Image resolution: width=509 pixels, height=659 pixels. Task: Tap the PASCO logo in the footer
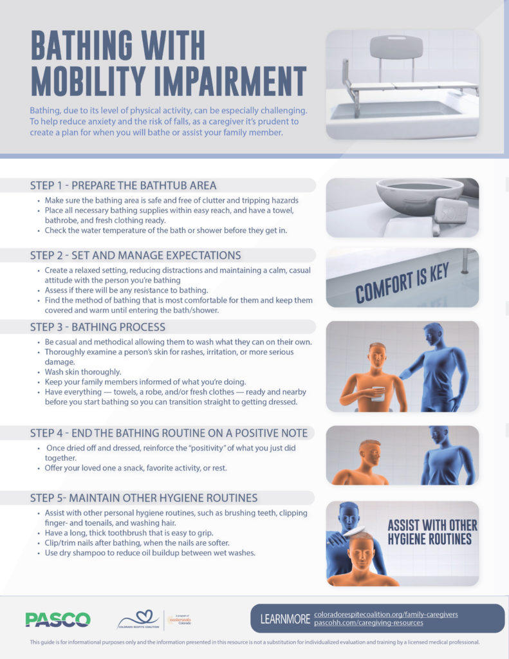point(58,619)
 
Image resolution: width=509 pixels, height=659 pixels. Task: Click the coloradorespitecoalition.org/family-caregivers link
point(385,614)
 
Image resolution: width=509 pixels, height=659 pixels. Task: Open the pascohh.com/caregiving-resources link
point(369,623)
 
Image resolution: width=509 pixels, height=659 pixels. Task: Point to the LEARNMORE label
point(284,619)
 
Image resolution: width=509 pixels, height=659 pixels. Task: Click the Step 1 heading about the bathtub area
point(123,185)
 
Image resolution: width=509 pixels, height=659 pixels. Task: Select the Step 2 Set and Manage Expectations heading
point(135,255)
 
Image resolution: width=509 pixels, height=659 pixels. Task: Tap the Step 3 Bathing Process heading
point(97,327)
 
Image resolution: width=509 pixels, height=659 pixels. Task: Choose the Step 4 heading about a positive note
point(169,432)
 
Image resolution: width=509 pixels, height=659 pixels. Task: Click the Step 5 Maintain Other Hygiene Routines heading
point(143,497)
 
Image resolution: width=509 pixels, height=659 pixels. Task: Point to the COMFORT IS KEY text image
point(403,278)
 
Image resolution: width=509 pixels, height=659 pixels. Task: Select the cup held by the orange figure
point(378,393)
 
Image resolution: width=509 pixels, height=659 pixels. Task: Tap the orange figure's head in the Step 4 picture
point(371,451)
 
